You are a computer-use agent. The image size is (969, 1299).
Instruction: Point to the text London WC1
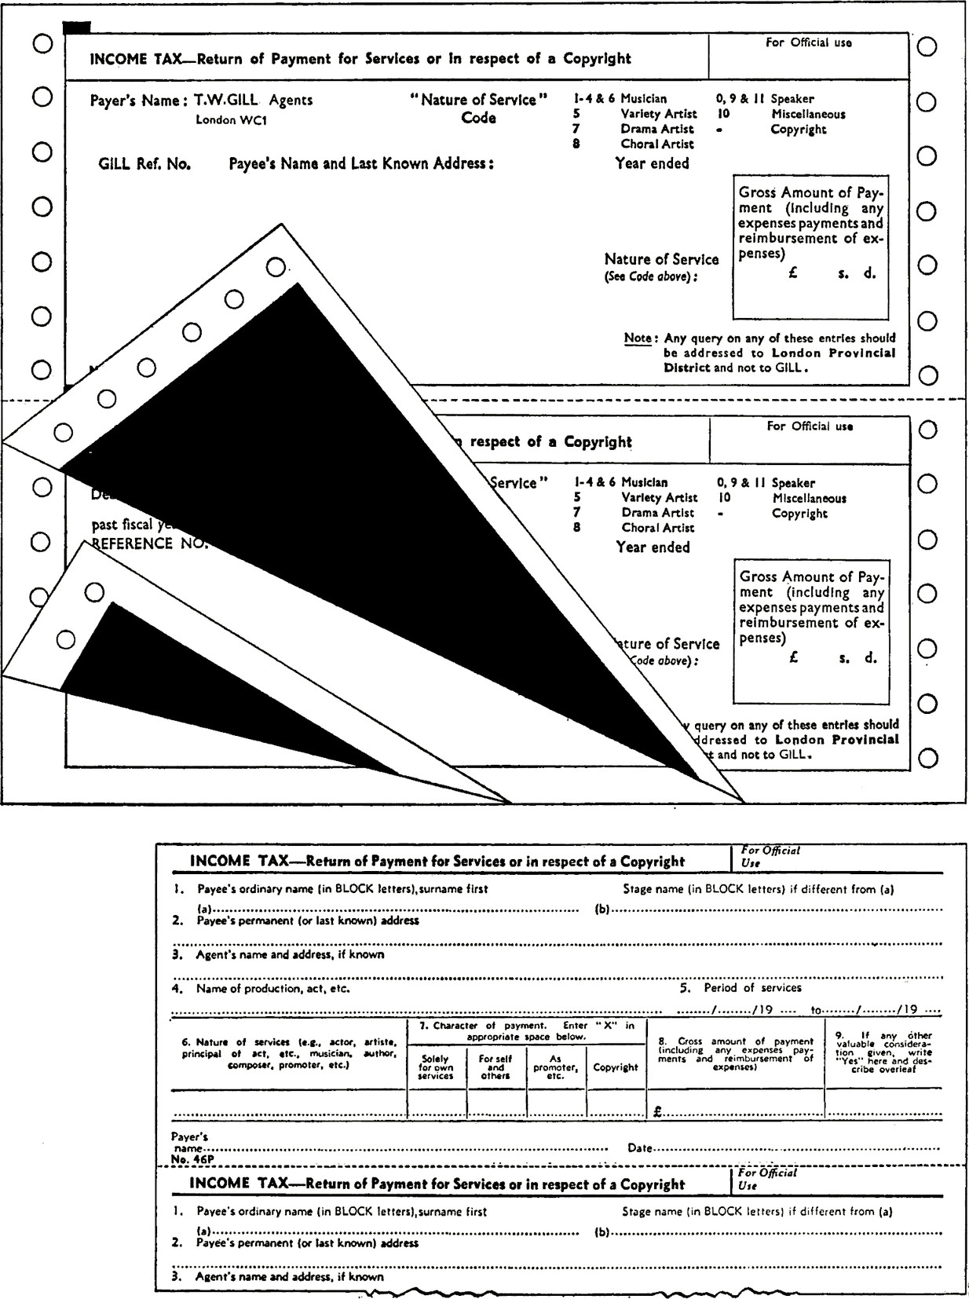[x=232, y=121]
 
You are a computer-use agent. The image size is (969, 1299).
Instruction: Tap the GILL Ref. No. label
[x=144, y=164]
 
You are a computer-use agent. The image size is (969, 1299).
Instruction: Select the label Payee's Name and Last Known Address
[x=361, y=164]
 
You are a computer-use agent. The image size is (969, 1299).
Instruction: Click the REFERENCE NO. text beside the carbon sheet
[x=149, y=543]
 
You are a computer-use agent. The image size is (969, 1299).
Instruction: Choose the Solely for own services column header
[x=435, y=1067]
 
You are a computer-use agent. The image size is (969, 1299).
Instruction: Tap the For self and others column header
[x=495, y=1067]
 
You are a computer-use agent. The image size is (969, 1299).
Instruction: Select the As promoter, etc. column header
[x=555, y=1067]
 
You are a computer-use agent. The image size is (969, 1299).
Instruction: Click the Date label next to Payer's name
[x=639, y=1148]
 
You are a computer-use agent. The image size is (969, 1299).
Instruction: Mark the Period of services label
[x=751, y=988]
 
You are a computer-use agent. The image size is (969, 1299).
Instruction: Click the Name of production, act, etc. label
[x=272, y=989]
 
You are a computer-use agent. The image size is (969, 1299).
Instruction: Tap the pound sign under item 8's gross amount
[x=656, y=1112]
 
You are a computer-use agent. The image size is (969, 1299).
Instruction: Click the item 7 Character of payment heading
[x=526, y=1030]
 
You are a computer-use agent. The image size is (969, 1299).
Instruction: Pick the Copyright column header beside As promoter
[x=616, y=1067]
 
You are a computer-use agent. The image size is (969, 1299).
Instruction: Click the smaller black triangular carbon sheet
[x=196, y=691]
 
